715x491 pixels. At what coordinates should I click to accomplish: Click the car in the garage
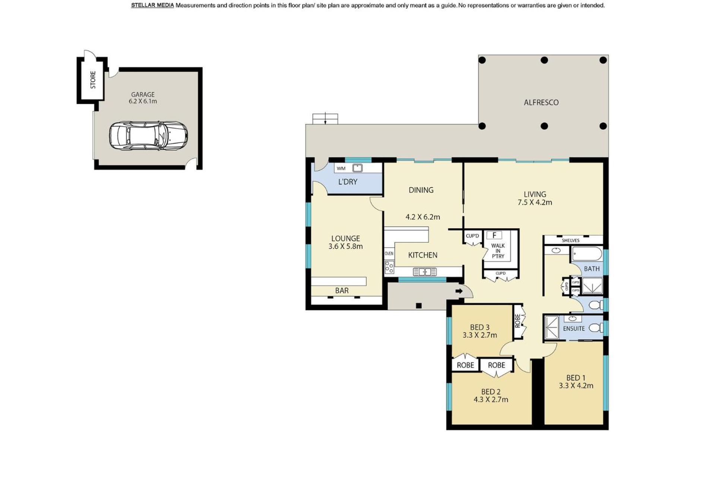coord(148,136)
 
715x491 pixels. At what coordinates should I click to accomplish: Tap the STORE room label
coord(93,80)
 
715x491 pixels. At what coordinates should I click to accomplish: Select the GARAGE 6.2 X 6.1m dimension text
coord(143,101)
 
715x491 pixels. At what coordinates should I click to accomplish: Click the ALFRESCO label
coord(541,102)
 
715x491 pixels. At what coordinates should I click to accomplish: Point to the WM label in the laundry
coord(341,168)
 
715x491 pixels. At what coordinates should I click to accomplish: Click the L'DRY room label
coord(348,182)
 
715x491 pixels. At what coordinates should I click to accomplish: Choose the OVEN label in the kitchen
coord(389,253)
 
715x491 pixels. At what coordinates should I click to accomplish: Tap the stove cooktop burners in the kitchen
coord(389,267)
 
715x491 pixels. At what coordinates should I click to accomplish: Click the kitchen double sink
coord(425,272)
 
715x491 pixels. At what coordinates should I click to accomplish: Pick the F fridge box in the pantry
coord(494,235)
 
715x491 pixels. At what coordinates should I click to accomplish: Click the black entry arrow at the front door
coord(459,291)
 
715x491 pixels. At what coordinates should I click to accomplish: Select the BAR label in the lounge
coord(342,291)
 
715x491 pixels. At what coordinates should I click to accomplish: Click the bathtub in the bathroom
coord(587,254)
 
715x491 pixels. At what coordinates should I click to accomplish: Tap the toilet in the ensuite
coord(596,328)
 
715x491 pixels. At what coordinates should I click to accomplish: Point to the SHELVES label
coord(570,240)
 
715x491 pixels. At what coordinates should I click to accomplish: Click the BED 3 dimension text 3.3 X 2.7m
coord(480,335)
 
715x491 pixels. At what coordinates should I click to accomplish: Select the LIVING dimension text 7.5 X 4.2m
coord(535,203)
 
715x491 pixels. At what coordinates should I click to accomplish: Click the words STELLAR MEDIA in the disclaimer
coord(152,5)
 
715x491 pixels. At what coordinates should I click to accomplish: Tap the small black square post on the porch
coord(419,305)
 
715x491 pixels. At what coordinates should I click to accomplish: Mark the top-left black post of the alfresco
coord(482,60)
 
